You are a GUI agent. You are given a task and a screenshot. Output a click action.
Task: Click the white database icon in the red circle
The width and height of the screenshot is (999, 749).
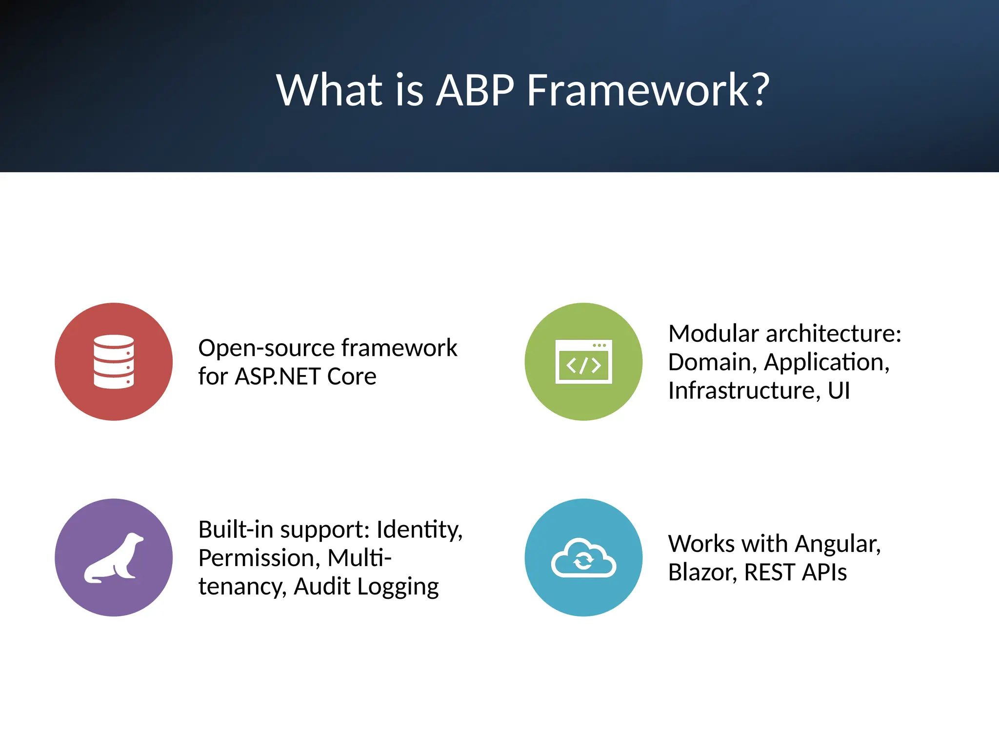(114, 362)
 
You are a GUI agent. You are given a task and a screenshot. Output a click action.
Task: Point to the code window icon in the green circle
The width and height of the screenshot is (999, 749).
(583, 362)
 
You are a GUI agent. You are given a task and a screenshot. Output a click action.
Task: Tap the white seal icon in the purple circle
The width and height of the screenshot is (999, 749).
(114, 557)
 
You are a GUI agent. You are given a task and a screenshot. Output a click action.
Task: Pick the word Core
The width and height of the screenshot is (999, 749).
(352, 376)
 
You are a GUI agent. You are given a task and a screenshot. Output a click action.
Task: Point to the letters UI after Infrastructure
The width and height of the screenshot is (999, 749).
(839, 391)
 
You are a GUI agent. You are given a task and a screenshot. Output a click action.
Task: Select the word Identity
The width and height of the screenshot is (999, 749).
(419, 530)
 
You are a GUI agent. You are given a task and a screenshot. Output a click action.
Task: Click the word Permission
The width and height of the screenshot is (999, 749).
(259, 558)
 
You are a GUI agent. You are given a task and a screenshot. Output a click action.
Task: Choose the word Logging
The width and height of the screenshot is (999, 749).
(398, 587)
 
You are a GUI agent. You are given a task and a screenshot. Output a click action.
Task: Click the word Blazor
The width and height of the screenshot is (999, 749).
(701, 572)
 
